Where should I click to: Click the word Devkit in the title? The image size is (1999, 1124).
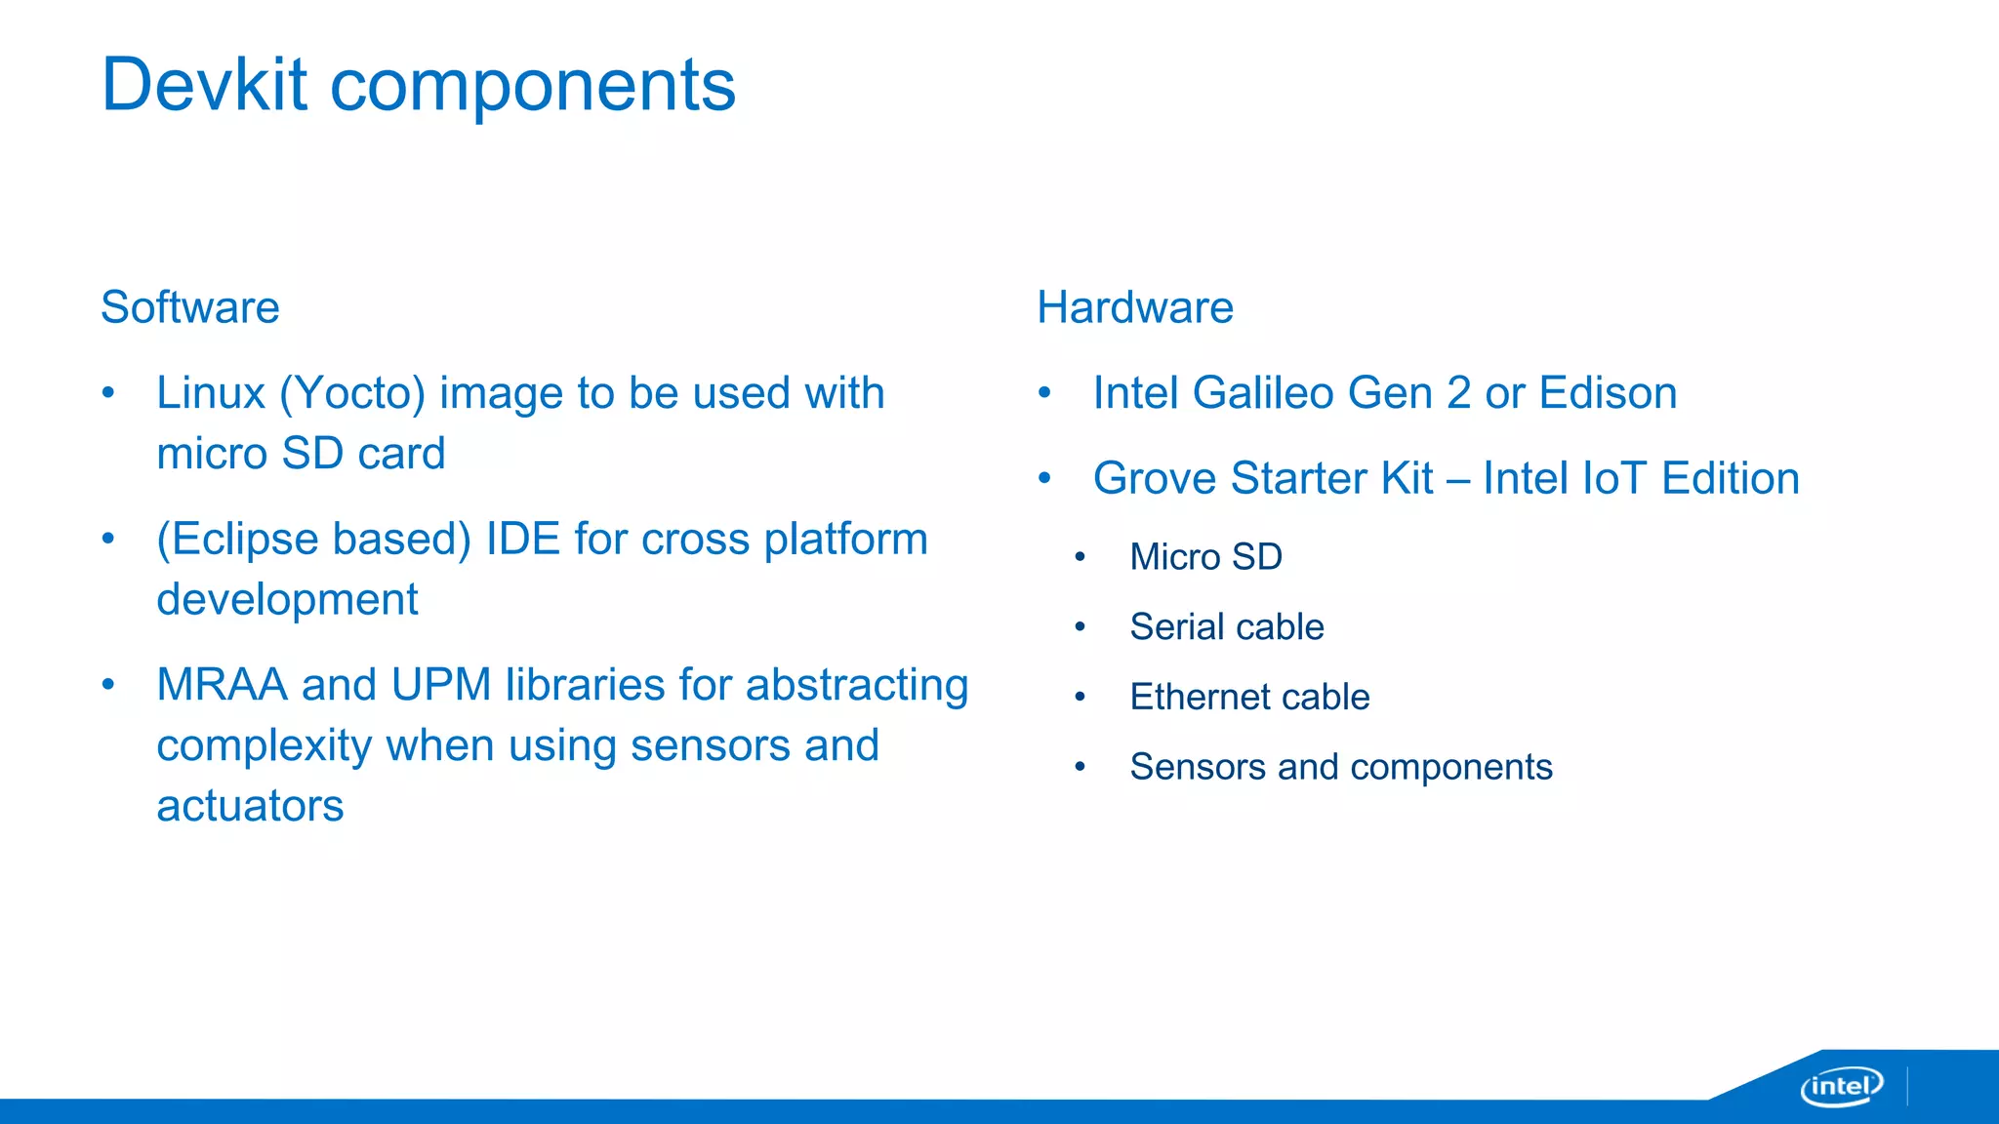[205, 85]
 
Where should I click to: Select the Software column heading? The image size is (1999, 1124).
[190, 307]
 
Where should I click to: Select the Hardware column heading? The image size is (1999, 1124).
[1135, 307]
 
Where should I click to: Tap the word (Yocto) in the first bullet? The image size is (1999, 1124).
[352, 394]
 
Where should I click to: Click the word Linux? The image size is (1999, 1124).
[211, 393]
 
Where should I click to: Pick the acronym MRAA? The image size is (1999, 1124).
[223, 685]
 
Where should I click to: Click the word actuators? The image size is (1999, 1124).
[250, 806]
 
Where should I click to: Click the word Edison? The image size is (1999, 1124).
[1608, 393]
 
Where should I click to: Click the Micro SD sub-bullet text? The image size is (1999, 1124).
[1205, 557]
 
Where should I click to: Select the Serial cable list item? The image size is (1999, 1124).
[1227, 627]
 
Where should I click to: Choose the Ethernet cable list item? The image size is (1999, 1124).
[1249, 698]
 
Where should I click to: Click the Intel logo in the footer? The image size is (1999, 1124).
[1841, 1086]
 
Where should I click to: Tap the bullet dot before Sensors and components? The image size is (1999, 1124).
[1080, 768]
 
